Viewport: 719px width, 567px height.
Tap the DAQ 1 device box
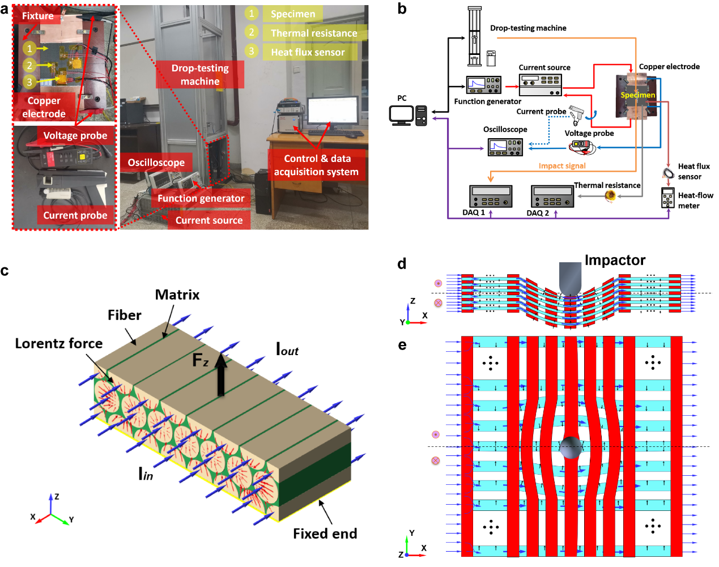tap(491, 197)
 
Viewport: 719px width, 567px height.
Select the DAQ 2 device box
tap(552, 197)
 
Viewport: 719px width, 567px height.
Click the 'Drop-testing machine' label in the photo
tap(200, 75)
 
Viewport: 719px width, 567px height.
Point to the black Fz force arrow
tap(221, 374)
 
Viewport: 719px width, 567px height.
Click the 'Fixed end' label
tap(325, 534)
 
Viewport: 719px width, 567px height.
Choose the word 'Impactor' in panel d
tap(615, 260)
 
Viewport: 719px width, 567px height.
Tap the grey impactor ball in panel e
tap(571, 447)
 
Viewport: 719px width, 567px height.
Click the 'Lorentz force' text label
tap(59, 343)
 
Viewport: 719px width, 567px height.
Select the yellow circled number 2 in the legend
tap(252, 32)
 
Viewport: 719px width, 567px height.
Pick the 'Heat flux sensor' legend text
tap(308, 52)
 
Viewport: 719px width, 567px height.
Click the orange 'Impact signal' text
tap(562, 166)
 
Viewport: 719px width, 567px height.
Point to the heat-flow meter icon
tap(667, 198)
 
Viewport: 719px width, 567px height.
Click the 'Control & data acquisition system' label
tap(316, 165)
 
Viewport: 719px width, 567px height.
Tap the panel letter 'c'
tap(5, 271)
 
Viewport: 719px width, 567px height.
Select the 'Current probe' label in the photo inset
tap(75, 215)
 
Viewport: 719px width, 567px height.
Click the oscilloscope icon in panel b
tap(505, 147)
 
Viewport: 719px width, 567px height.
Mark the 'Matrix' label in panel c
tap(177, 295)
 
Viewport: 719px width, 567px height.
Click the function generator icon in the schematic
tap(484, 85)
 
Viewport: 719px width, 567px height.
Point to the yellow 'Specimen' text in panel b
tap(637, 95)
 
